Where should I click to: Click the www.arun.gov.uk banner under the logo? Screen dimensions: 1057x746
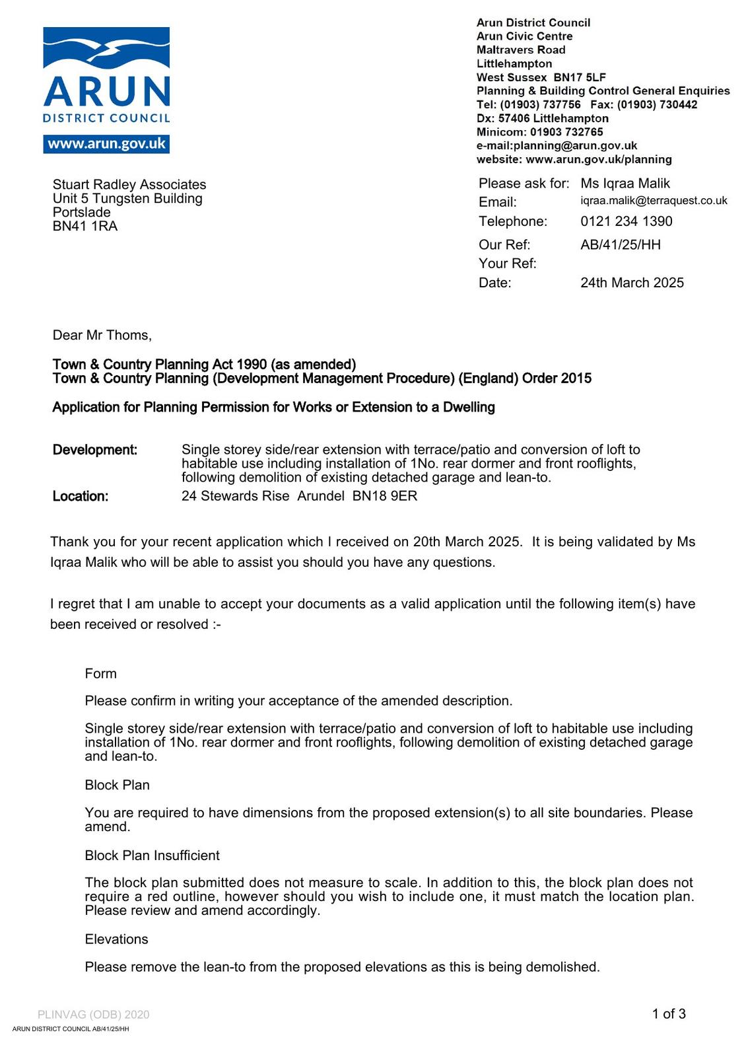point(106,144)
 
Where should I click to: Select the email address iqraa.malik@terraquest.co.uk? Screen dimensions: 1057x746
point(654,201)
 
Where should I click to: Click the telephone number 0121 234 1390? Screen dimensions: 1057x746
point(626,221)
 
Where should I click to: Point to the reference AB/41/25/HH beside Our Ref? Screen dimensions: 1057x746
point(620,245)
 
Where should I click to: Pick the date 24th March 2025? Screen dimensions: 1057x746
point(632,283)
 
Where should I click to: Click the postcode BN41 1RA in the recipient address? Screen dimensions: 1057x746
point(85,227)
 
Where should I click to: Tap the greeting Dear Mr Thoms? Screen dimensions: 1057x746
point(102,336)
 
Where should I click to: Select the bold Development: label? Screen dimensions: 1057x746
point(95,450)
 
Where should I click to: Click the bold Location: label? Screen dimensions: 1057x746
point(81,496)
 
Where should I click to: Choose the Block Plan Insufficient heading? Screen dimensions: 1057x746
point(152,856)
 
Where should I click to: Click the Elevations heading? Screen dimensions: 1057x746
point(116,939)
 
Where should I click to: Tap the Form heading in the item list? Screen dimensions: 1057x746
point(100,674)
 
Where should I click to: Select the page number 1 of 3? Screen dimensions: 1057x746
point(668,1014)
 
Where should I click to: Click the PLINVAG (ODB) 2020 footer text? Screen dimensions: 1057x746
point(93,1015)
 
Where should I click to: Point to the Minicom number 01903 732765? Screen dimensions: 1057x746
point(566,132)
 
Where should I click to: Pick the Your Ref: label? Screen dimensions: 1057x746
point(507,264)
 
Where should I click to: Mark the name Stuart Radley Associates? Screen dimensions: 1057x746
point(129,185)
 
